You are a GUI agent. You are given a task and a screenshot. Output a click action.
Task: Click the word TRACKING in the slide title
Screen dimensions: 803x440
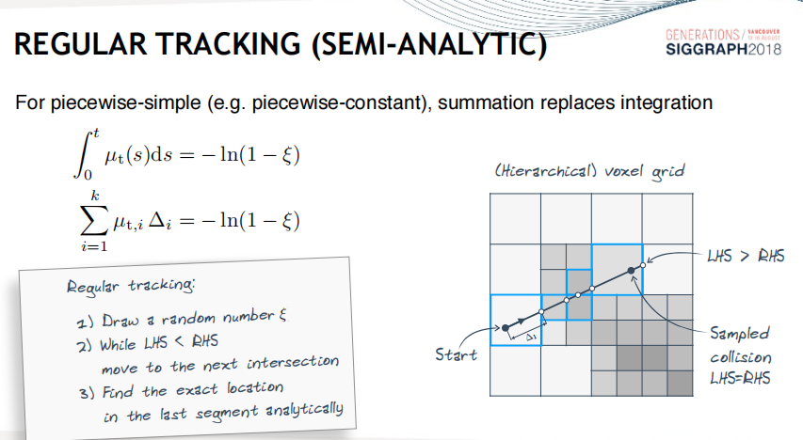coord(229,43)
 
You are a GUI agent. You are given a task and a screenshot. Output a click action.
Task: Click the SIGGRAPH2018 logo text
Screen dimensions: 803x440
coord(724,49)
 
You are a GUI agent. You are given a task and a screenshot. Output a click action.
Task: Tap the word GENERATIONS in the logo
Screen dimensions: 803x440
coord(702,35)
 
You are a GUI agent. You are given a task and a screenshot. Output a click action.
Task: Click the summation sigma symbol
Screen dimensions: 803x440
coord(94,221)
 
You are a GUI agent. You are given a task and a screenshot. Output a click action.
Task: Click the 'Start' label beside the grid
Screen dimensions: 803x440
coord(456,354)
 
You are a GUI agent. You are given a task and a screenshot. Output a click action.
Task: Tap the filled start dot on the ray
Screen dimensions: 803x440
coord(506,328)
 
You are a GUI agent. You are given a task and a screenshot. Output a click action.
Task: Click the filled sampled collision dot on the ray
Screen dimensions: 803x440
coord(632,271)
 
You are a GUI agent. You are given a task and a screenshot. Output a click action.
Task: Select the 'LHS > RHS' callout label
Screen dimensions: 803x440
coord(746,256)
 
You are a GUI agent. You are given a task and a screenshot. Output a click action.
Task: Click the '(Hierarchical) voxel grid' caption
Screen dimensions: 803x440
coord(589,171)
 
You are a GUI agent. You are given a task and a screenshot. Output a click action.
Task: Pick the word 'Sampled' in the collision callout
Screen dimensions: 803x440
coord(740,334)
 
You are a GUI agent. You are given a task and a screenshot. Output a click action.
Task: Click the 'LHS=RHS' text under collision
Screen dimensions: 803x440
coord(740,378)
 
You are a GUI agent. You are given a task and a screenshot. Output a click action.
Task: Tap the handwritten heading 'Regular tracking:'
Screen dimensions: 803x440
coord(131,286)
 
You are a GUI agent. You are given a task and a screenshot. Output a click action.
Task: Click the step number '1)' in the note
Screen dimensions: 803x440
coord(85,322)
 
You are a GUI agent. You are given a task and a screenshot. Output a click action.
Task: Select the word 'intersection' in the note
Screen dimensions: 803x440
coord(293,362)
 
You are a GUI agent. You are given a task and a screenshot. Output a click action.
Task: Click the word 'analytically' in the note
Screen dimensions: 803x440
coord(304,410)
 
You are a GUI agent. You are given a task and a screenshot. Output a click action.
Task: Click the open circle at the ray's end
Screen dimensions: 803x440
coord(644,264)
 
